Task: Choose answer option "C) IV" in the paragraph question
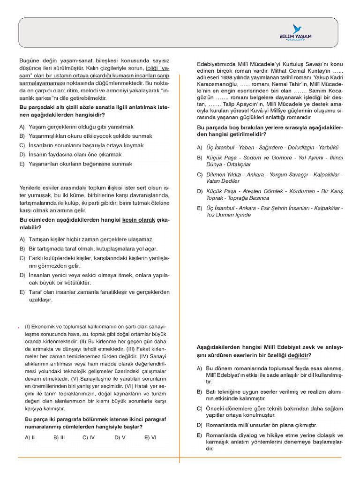click(89, 437)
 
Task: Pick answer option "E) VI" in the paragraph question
click(150, 437)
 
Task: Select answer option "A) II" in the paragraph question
click(30, 437)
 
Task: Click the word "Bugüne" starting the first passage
click(28, 61)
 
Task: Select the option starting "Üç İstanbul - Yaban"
click(265, 147)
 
